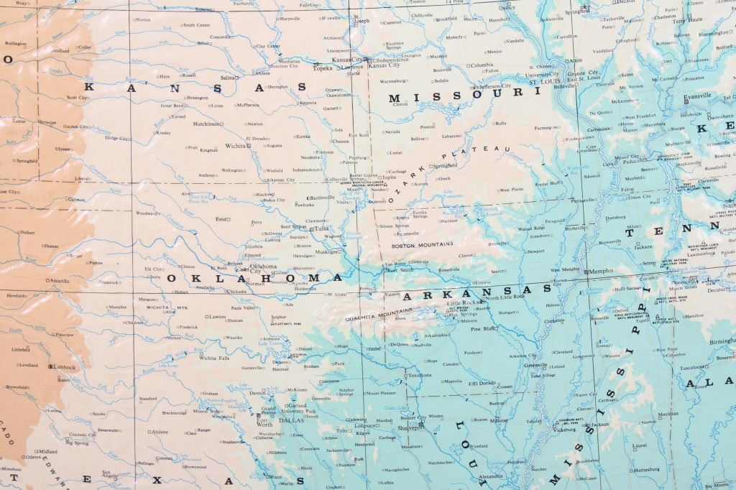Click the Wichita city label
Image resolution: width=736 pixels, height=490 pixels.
(234, 146)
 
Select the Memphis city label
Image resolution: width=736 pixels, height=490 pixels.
(601, 271)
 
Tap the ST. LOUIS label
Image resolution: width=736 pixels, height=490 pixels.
(546, 82)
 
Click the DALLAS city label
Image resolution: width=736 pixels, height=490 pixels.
(291, 420)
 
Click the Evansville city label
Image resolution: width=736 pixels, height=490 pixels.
(697, 96)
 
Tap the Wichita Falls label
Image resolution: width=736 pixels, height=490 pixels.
(214, 358)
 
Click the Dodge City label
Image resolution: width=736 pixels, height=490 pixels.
(116, 137)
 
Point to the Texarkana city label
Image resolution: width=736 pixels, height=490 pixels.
(420, 375)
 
